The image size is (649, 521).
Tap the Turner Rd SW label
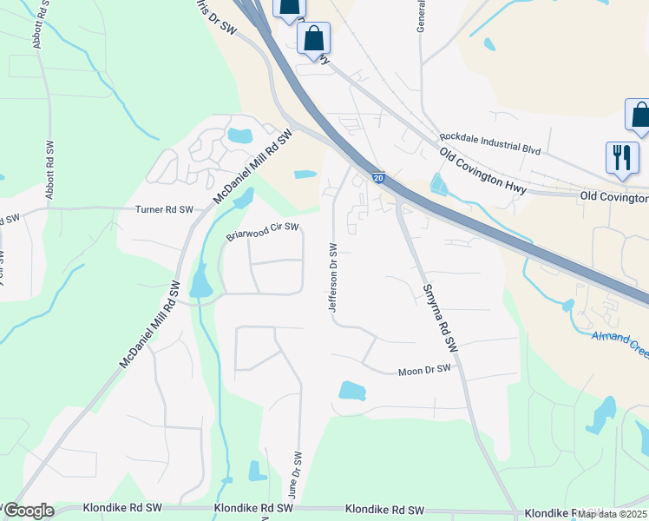click(170, 210)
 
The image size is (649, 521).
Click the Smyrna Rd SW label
click(438, 317)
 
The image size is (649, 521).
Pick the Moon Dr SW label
click(424, 370)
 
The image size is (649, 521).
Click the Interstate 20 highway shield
click(378, 176)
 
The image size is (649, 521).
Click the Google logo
click(29, 511)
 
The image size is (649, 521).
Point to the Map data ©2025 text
click(612, 513)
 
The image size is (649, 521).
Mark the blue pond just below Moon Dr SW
click(353, 390)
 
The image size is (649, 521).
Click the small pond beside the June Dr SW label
click(258, 472)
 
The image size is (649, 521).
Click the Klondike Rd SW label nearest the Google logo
click(122, 507)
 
